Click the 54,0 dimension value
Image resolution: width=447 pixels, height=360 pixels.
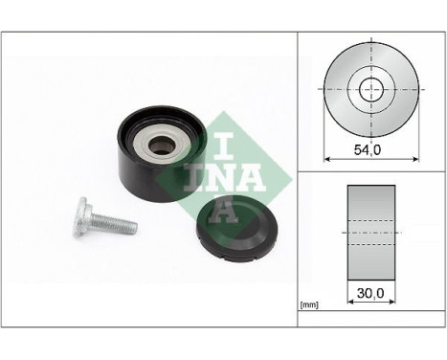pyautogui.click(x=369, y=149)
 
